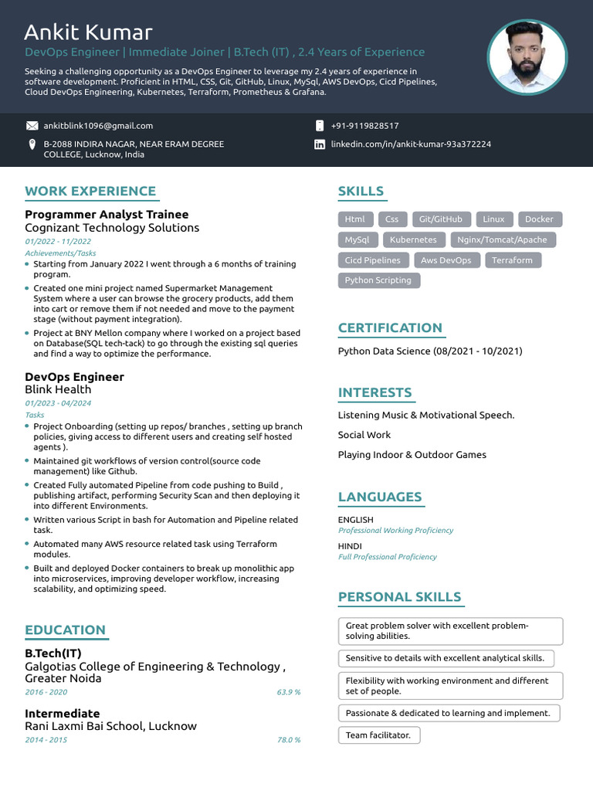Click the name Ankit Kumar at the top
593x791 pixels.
pyautogui.click(x=88, y=32)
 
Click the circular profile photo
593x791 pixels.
pyautogui.click(x=527, y=58)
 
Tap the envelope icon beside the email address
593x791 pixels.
pyautogui.click(x=32, y=125)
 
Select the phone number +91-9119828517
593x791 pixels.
pyautogui.click(x=364, y=125)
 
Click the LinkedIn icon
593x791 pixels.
pyautogui.click(x=320, y=144)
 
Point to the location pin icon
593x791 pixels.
pyautogui.click(x=32, y=144)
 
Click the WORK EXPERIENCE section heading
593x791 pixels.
pyautogui.click(x=90, y=192)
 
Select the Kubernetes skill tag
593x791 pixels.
pyautogui.click(x=412, y=239)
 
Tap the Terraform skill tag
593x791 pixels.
pyautogui.click(x=512, y=260)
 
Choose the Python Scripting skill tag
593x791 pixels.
pyautogui.click(x=378, y=280)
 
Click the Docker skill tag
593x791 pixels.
pyautogui.click(x=539, y=219)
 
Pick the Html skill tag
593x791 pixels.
pyautogui.click(x=355, y=219)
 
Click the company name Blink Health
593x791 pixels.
pyautogui.click(x=58, y=390)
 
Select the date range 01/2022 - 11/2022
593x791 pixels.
pyautogui.click(x=58, y=242)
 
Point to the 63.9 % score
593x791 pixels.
pyautogui.click(x=288, y=692)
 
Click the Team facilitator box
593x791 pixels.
pyautogui.click(x=379, y=735)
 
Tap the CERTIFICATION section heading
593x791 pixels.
pyautogui.click(x=390, y=328)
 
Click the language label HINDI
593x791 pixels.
pyautogui.click(x=350, y=546)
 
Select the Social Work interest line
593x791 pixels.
pyautogui.click(x=364, y=435)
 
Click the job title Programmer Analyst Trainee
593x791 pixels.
pyautogui.click(x=107, y=215)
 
